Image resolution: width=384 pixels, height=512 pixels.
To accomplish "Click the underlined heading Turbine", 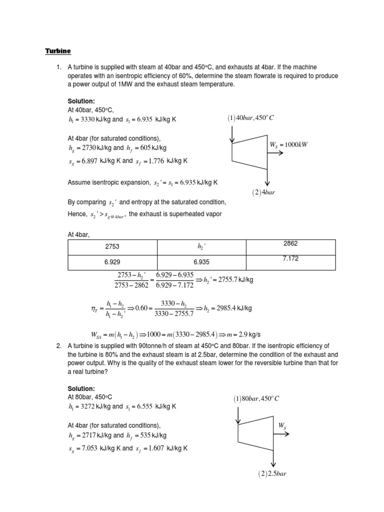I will coord(58,51).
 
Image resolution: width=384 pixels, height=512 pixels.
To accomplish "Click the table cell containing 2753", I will coord(112,247).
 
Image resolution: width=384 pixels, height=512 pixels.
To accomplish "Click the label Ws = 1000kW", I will coord(288,145).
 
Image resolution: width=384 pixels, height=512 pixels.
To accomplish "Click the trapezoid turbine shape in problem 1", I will coord(249,151).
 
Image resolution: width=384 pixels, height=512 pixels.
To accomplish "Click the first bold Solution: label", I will coord(81,100).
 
